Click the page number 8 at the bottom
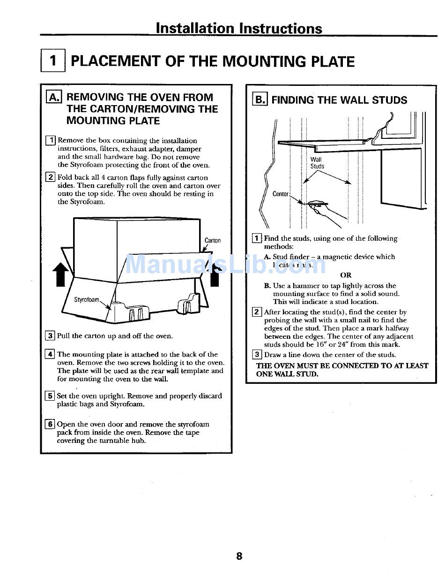239,556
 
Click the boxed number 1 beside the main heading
53,61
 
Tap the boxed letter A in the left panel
54,97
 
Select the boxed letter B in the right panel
259,99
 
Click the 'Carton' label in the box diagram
212,240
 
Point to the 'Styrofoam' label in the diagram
87,299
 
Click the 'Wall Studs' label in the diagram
317,163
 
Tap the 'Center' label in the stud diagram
281,194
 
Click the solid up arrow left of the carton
59,274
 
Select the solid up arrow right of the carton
215,274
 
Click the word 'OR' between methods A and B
346,275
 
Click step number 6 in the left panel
50,424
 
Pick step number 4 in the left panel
50,354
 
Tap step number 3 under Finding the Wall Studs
257,355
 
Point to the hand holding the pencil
328,211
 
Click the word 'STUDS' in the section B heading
389,100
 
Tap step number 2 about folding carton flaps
50,177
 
